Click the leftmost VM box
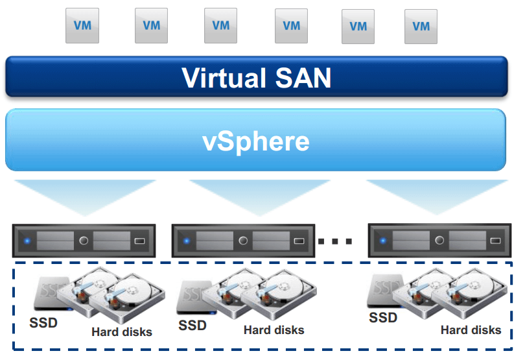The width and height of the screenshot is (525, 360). [82, 26]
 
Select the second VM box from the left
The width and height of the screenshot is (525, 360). [151, 26]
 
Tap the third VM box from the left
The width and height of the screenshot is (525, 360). [220, 26]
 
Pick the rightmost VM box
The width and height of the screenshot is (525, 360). [421, 27]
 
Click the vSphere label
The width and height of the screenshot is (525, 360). [256, 141]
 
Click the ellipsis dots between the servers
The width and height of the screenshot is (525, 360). [335, 241]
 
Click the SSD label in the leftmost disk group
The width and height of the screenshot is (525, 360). [43, 322]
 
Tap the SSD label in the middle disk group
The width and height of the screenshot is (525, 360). [192, 325]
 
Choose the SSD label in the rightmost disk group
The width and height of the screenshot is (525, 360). [383, 318]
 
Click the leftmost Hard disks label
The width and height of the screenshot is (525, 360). [122, 332]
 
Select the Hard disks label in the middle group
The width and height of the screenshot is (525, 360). [274, 330]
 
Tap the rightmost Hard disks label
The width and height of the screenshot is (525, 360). [471, 330]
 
